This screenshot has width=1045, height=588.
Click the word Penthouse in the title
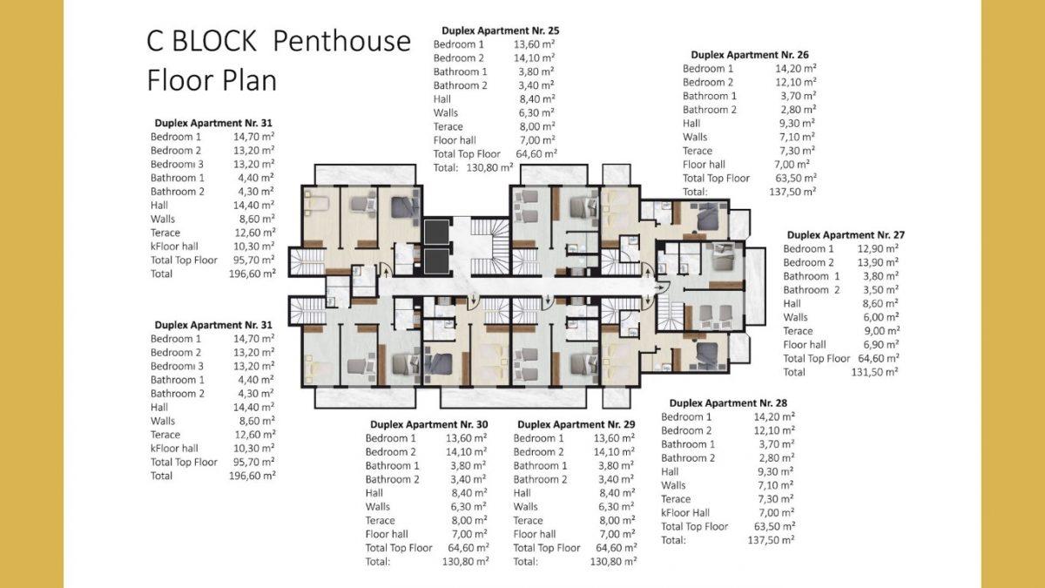point(341,41)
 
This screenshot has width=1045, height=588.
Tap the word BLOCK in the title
point(214,41)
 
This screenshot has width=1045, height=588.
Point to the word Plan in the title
point(250,80)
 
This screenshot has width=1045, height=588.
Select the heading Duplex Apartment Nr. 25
point(500,30)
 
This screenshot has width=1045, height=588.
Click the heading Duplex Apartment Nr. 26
point(750,55)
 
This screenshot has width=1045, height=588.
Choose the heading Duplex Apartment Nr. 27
point(846,234)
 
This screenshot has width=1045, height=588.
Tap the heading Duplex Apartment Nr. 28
point(728,402)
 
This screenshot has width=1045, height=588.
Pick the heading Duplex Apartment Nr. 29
point(576,424)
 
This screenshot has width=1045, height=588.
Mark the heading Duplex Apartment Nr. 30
point(429,424)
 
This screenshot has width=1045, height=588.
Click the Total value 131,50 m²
point(875,372)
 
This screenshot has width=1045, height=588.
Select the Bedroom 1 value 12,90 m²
point(878,249)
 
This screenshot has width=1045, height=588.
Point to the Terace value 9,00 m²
point(881,331)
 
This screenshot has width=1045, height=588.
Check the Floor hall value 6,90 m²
point(881,344)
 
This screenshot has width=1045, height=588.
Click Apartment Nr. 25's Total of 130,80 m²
point(489,167)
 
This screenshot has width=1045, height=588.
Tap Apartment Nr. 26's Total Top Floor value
point(795,178)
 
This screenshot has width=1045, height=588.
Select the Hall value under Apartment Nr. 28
point(776,471)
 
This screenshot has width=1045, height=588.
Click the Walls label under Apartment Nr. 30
point(378,506)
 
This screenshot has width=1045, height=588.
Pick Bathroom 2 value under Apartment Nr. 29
point(617,479)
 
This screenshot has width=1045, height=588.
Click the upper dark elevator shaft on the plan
point(436,232)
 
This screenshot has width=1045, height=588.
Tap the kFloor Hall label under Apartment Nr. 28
point(685,512)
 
